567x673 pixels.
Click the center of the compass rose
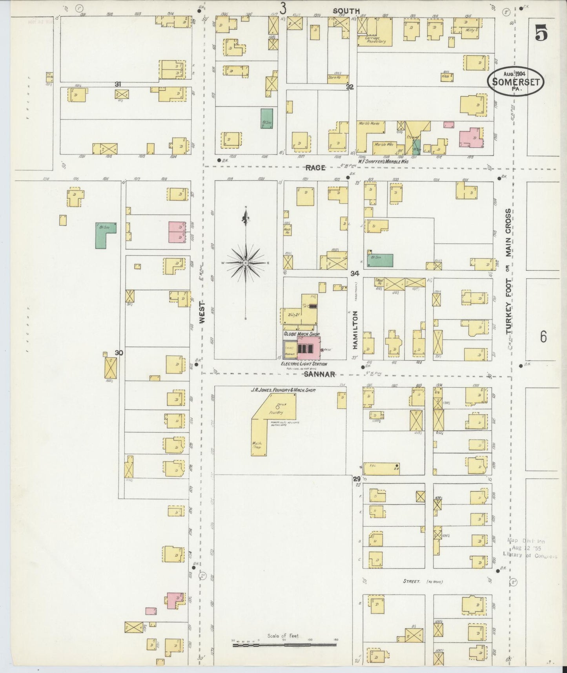coord(246,262)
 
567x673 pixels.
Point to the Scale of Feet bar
coord(284,645)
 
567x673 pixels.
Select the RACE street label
coord(315,168)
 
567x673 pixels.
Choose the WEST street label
coord(202,312)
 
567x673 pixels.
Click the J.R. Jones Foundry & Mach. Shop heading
coord(284,390)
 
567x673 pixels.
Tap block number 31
coord(117,84)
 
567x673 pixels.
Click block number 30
coord(119,353)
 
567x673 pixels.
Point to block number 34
coord(355,273)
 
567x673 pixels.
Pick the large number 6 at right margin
coord(543,336)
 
